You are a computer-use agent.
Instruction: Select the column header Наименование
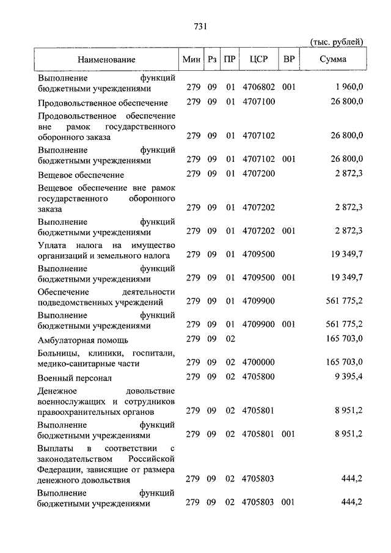tap(106, 60)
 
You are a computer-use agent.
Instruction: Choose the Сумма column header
tap(333, 60)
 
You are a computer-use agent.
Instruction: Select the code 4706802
tap(258, 88)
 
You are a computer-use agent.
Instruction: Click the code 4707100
tap(258, 101)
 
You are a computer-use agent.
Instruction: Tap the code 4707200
tap(258, 174)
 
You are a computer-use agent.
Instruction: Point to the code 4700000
tap(258, 363)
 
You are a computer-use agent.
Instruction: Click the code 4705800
tap(258, 376)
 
